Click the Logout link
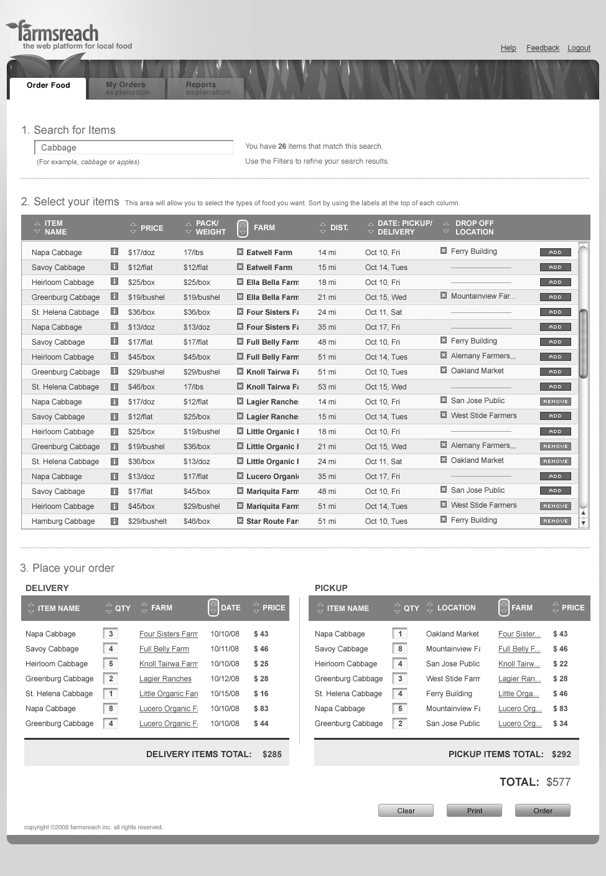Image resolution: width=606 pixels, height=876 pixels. pos(579,48)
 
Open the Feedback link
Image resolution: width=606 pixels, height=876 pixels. pos(543,48)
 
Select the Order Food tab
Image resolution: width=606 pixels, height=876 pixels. pos(48,86)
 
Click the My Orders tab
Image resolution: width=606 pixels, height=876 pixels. pos(127,88)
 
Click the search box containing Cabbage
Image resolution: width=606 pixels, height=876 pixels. pos(134,147)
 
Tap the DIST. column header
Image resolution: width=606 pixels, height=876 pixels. pos(339,228)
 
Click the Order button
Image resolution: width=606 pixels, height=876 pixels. pos(543,811)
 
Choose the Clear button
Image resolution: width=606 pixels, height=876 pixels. pos(406,811)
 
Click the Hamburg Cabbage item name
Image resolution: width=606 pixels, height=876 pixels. pos(63,521)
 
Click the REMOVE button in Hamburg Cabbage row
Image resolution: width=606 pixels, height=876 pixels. pos(555,521)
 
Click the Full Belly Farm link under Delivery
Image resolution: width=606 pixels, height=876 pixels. pos(164,649)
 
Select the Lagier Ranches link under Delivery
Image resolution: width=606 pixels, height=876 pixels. pos(165,679)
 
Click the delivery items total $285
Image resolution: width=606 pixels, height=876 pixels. pos(272,754)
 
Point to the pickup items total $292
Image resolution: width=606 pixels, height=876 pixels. pos(561,754)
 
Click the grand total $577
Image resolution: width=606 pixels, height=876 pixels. pos(558,782)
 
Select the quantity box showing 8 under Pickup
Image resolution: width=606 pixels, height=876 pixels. pos(400,649)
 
